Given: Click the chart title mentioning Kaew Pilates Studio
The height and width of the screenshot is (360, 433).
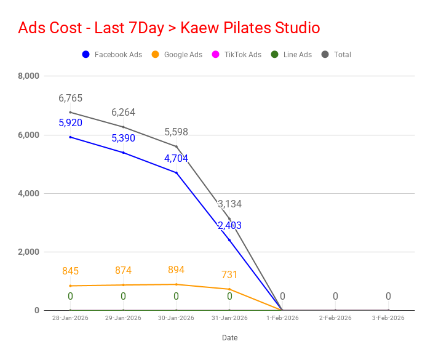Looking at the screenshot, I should [169, 28].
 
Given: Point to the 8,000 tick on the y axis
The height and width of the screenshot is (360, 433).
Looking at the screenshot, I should [28, 76].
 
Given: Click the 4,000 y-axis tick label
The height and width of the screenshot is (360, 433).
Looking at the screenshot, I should [28, 193].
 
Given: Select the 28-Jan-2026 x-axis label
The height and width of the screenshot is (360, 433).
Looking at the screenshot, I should [70, 318].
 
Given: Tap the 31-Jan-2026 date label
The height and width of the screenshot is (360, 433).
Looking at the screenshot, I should [229, 318].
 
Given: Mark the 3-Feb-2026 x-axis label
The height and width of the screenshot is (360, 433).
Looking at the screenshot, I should [388, 318].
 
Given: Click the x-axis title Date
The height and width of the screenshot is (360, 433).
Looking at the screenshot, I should [229, 338].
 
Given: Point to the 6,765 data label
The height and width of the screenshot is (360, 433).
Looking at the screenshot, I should [70, 98].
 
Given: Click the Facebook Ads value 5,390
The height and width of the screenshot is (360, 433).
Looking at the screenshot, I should [123, 138].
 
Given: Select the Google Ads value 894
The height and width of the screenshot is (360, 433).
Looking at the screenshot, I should [176, 270].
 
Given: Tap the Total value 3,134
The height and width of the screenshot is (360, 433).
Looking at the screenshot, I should [229, 204].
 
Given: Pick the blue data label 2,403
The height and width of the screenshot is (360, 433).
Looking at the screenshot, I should [229, 226].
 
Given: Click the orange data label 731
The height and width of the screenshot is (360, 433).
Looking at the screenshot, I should [229, 274].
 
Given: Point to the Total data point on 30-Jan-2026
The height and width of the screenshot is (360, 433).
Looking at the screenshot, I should [177, 146].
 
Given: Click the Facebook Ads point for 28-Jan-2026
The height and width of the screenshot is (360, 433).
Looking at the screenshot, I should [70, 137].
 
